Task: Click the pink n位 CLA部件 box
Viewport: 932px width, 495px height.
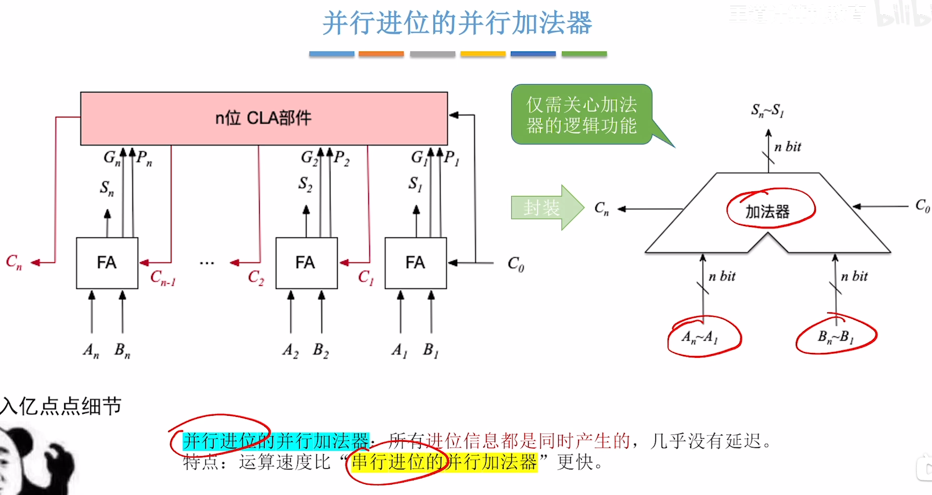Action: point(264,118)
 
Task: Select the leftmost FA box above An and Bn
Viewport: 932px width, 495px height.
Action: point(107,263)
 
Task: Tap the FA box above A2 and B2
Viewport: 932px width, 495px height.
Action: point(306,263)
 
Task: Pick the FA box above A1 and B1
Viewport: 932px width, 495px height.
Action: point(415,263)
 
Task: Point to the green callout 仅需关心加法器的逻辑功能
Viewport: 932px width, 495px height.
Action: point(582,115)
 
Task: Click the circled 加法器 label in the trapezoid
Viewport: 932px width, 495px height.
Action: point(768,211)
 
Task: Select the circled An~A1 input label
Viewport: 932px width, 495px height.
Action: point(700,337)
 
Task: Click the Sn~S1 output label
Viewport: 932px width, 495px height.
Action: point(767,111)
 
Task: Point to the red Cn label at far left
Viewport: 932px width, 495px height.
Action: point(14,261)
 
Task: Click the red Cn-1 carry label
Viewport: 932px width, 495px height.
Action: point(163,277)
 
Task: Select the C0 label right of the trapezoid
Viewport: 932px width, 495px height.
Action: point(922,206)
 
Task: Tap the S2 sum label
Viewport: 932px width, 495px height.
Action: point(305,184)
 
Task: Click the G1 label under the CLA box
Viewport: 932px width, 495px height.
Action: point(419,157)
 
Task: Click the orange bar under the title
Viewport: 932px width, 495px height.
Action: point(381,54)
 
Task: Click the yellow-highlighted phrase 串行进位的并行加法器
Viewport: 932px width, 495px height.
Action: point(444,462)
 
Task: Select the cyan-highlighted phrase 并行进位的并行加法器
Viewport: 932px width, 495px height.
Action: point(276,441)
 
